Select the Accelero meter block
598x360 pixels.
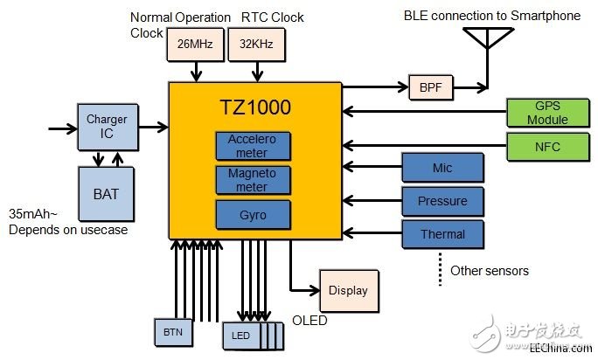(254, 145)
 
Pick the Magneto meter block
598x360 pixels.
(254, 179)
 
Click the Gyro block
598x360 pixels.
(254, 213)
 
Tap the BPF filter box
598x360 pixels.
(432, 87)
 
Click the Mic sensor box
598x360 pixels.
(442, 167)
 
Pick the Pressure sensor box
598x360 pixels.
(442, 201)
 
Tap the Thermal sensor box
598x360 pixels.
(442, 233)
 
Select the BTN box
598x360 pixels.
(172, 332)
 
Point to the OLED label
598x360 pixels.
(309, 321)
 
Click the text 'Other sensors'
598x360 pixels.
(489, 271)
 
